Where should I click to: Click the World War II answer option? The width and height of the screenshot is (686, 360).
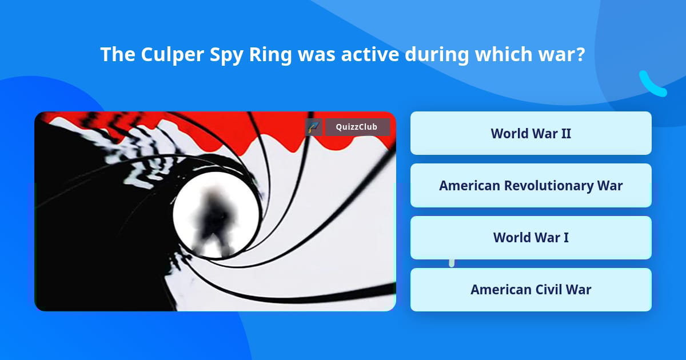pyautogui.click(x=531, y=133)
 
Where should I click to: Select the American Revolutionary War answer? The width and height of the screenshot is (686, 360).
pyautogui.click(x=531, y=186)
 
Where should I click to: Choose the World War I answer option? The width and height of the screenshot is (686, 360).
pyautogui.click(x=531, y=237)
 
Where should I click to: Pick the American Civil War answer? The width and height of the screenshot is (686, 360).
pyautogui.click(x=531, y=290)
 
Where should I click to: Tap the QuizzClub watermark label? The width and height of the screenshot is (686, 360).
pyautogui.click(x=357, y=127)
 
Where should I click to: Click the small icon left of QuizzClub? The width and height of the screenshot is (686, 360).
pyautogui.click(x=314, y=127)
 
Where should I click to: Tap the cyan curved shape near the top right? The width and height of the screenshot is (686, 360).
pyautogui.click(x=652, y=84)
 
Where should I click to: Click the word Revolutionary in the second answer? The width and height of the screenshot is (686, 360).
pyautogui.click(x=548, y=186)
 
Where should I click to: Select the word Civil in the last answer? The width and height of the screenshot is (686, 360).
pyautogui.click(x=548, y=290)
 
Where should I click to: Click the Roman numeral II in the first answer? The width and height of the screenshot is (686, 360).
pyautogui.click(x=564, y=133)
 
